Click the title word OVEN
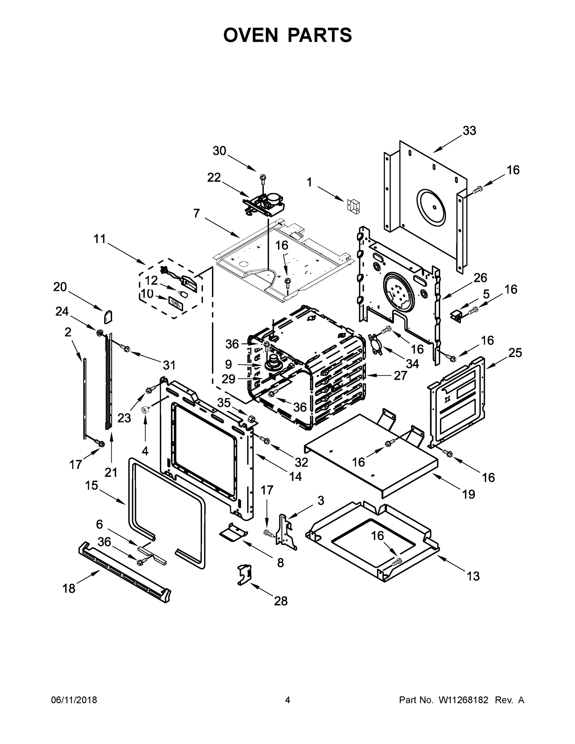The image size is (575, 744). [x=251, y=35]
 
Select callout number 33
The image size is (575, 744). [x=469, y=131]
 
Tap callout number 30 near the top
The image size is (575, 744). [x=219, y=151]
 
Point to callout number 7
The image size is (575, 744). [x=196, y=213]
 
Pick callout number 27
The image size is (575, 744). [x=400, y=375]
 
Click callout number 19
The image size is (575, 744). [x=468, y=494]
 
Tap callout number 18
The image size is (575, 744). [x=69, y=588]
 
